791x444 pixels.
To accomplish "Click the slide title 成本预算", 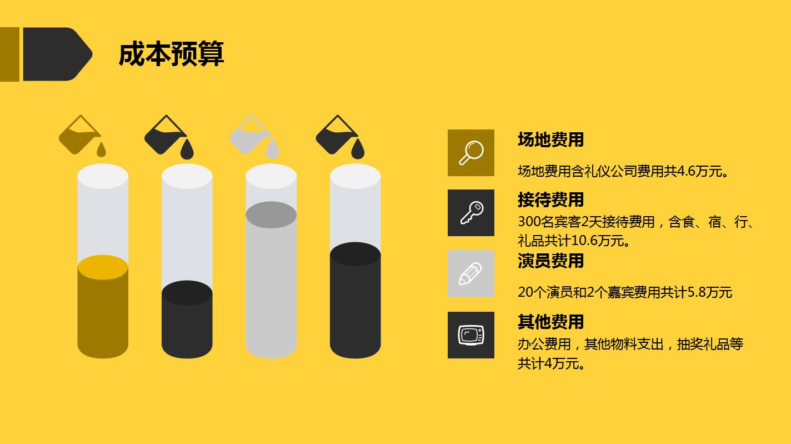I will click(171, 54).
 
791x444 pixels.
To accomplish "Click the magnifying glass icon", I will click(471, 153).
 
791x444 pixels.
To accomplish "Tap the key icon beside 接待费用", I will click(471, 213).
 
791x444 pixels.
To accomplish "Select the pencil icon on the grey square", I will click(471, 273).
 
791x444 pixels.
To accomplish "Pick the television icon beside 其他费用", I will click(471, 335).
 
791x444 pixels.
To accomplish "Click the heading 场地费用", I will click(550, 139).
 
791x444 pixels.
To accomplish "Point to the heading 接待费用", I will click(550, 199).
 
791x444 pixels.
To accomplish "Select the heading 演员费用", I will click(550, 261).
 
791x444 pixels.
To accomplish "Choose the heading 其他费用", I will click(550, 322).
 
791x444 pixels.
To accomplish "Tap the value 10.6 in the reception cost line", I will click(584, 241).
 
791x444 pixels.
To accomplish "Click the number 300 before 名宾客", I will click(528, 222).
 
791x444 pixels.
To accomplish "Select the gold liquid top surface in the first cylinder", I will click(103, 267).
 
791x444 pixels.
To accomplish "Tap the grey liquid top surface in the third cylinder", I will click(271, 215).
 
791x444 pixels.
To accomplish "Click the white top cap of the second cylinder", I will click(187, 177).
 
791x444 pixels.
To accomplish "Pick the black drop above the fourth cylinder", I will click(358, 149).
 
